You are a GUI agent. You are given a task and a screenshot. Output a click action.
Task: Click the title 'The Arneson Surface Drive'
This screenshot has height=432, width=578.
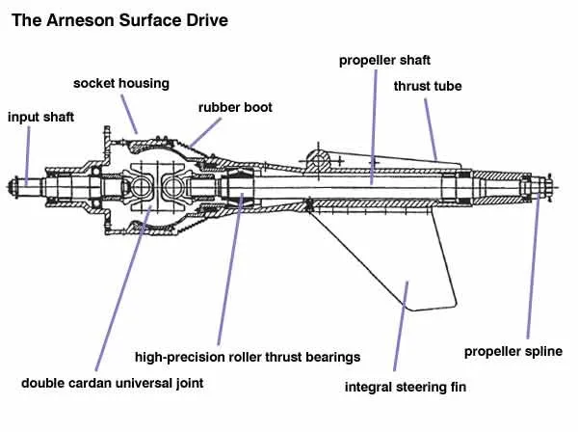pyautogui.click(x=119, y=20)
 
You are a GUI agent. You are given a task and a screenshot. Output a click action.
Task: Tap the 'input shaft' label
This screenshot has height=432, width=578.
pyautogui.click(x=40, y=117)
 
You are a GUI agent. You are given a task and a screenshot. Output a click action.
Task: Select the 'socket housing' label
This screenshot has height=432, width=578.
pyautogui.click(x=121, y=83)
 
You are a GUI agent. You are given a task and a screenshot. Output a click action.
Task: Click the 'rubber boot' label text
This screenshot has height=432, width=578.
pyautogui.click(x=235, y=107)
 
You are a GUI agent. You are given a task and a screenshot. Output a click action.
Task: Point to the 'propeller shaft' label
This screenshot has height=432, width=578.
pyautogui.click(x=384, y=61)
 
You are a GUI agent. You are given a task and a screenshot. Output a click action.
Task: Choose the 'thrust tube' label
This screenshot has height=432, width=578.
pyautogui.click(x=428, y=86)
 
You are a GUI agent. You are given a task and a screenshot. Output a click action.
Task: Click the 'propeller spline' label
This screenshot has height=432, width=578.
pyautogui.click(x=513, y=352)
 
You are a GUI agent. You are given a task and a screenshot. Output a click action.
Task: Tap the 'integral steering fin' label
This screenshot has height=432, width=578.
pyautogui.click(x=406, y=387)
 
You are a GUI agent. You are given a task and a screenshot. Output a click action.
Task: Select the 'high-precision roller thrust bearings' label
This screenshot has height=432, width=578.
pyautogui.click(x=248, y=357)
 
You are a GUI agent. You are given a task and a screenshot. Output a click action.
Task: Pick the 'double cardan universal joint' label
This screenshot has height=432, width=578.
pyautogui.click(x=112, y=383)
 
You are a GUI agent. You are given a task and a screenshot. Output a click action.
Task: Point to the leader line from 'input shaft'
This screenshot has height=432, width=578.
pyautogui.click(x=28, y=155)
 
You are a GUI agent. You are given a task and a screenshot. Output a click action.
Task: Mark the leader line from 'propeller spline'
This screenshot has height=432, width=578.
pyautogui.click(x=533, y=265)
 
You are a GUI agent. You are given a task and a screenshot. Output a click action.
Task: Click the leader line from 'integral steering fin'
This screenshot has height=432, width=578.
pyautogui.click(x=401, y=326)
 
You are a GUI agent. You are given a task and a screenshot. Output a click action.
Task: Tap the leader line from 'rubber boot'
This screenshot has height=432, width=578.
pyautogui.click(x=206, y=132)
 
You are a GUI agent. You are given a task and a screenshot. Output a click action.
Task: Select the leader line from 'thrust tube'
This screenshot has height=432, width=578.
pyautogui.click(x=431, y=129)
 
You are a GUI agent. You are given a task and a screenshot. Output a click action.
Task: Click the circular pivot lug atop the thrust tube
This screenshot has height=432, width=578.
pyautogui.click(x=318, y=160)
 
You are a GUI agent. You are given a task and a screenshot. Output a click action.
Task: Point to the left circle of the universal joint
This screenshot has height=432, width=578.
pyautogui.click(x=141, y=187)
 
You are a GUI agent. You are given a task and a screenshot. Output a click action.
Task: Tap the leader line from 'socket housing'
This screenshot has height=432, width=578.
pyautogui.click(x=129, y=115)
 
